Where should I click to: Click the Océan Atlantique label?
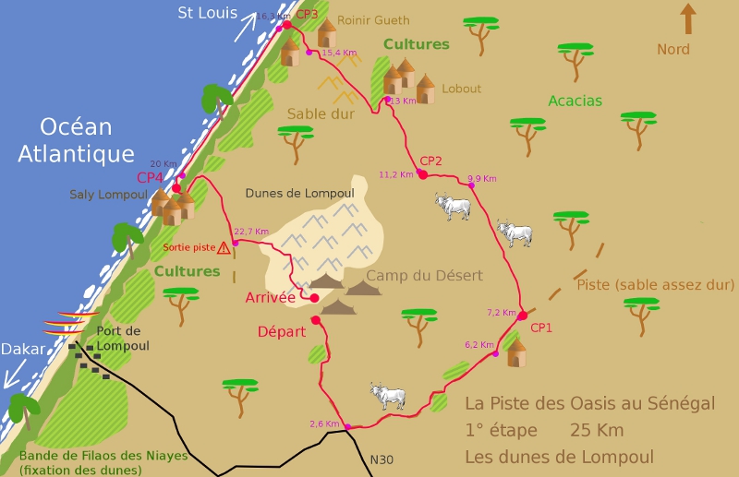tap(77, 141)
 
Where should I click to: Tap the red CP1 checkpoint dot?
tap(522, 316)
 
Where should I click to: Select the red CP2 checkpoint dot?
tap(422, 173)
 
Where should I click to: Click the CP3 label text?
tap(307, 14)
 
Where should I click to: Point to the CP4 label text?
tap(151, 177)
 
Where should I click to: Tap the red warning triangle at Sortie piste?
tap(224, 247)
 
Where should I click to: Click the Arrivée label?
tap(270, 297)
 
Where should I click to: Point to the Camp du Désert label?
tap(424, 275)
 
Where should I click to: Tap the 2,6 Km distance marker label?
tap(324, 424)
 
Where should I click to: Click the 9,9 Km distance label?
tap(482, 178)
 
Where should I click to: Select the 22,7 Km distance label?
tap(251, 232)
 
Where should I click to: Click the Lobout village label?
tap(462, 89)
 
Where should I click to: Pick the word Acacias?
tap(575, 101)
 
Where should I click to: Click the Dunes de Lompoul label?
tap(299, 193)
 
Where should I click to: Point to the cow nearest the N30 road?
tap(388, 396)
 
